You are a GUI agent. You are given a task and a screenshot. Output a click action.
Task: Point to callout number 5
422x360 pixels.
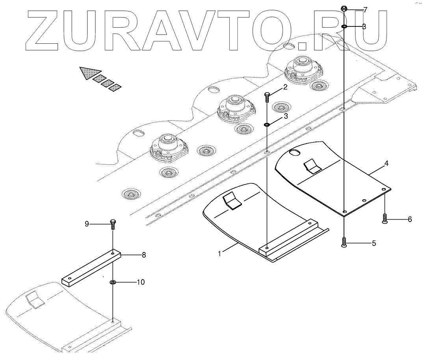click(374, 243)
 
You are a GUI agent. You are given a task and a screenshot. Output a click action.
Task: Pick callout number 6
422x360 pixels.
click(409, 219)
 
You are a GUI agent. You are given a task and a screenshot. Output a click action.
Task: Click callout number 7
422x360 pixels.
click(365, 10)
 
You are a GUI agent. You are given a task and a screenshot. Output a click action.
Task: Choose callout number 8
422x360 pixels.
click(144, 255)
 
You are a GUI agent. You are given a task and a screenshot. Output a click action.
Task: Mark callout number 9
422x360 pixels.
click(87, 224)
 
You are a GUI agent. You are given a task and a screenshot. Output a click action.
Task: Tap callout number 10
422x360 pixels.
click(140, 282)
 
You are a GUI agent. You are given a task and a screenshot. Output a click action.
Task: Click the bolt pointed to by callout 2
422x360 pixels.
click(267, 97)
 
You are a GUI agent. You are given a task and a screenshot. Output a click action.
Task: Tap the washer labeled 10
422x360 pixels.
click(113, 282)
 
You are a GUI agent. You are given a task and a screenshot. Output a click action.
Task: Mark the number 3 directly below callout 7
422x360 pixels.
click(364, 27)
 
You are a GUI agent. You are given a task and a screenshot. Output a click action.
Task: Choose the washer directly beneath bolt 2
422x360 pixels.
click(267, 125)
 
